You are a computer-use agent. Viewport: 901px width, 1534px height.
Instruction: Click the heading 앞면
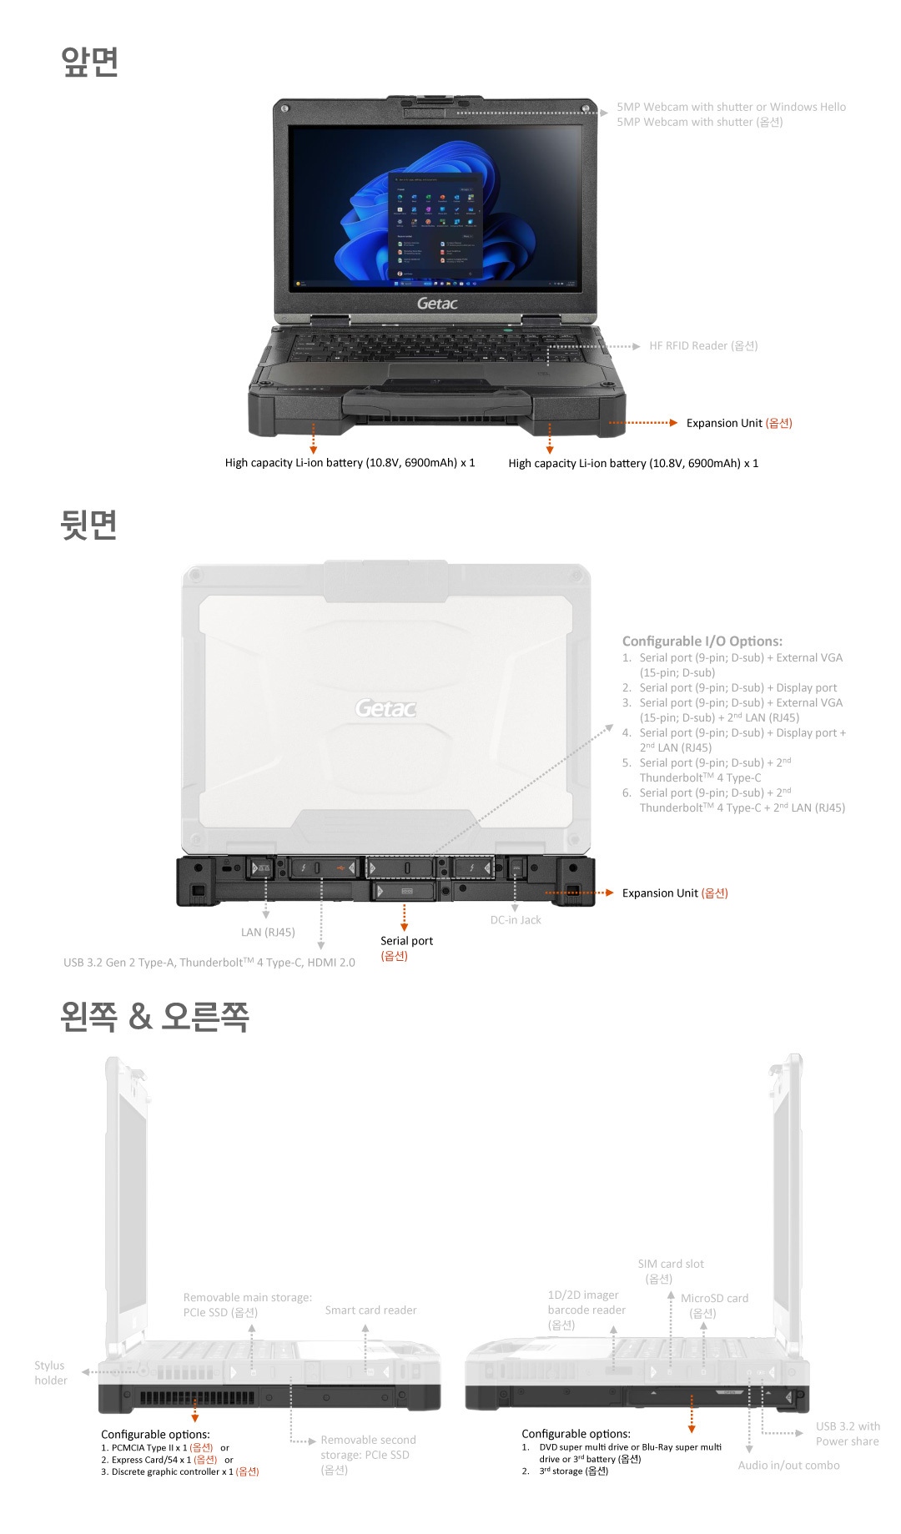pyautogui.click(x=89, y=62)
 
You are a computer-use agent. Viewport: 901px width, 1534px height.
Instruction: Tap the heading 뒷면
pyautogui.click(x=88, y=525)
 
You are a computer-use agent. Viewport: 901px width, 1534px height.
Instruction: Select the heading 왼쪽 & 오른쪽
pyautogui.click(x=154, y=1017)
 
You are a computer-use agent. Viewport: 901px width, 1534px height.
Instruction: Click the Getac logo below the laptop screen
pyautogui.click(x=437, y=304)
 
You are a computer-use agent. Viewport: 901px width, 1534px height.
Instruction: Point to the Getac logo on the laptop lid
pyautogui.click(x=385, y=708)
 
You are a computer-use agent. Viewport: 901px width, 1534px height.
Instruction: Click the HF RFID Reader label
pyautogui.click(x=702, y=346)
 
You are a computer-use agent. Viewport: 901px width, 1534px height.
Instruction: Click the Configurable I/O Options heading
pyautogui.click(x=702, y=641)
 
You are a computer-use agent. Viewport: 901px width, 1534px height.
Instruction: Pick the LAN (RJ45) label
pyautogui.click(x=268, y=933)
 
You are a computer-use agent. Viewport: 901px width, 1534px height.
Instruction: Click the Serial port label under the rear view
pyautogui.click(x=406, y=941)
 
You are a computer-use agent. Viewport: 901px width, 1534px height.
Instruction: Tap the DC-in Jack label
pyautogui.click(x=516, y=920)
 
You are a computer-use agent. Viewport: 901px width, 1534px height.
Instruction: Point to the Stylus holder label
pyautogui.click(x=50, y=1373)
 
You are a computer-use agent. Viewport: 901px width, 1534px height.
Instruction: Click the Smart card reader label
pyautogui.click(x=370, y=1310)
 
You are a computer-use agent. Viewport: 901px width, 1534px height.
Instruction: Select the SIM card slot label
pyautogui.click(x=671, y=1265)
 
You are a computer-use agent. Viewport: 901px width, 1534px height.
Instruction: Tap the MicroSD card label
pyautogui.click(x=714, y=1299)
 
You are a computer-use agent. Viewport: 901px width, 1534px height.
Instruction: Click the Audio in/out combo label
pyautogui.click(x=788, y=1466)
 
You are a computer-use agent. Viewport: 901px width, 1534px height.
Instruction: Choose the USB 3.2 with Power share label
pyautogui.click(x=847, y=1434)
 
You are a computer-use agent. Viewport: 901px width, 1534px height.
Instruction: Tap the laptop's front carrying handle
pyautogui.click(x=436, y=406)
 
